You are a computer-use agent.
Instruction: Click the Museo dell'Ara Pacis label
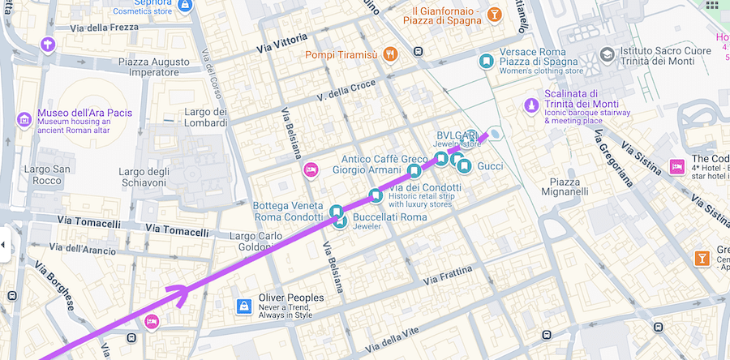[85, 113]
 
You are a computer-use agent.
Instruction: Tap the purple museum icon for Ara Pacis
[24, 121]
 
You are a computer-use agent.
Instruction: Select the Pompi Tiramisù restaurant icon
[390, 54]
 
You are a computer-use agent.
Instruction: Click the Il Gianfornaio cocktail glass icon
[493, 15]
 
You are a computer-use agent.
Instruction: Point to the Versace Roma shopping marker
[486, 60]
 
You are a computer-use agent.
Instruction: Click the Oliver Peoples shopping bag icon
[243, 306]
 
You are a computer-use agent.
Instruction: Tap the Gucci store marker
[464, 166]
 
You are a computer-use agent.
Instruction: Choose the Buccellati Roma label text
[390, 217]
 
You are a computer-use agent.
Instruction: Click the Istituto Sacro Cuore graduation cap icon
[607, 54]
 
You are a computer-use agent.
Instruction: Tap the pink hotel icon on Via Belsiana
[310, 169]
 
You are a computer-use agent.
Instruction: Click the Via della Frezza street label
[105, 28]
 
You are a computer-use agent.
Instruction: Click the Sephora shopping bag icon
[186, 6]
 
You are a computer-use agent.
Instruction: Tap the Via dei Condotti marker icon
[375, 195]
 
